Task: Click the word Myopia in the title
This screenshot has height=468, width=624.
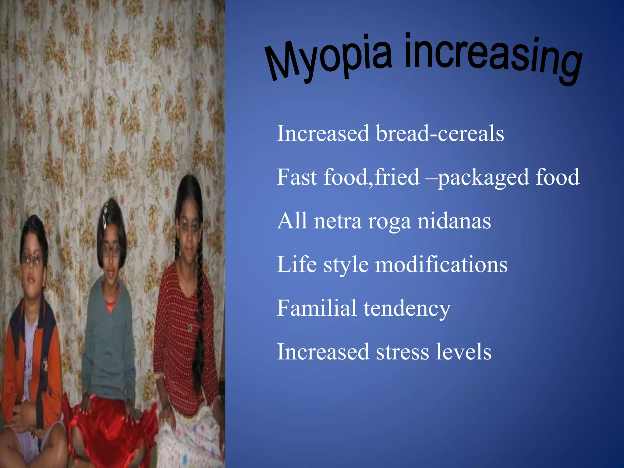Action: pos(328,59)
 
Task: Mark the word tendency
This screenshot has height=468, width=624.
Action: pos(407,309)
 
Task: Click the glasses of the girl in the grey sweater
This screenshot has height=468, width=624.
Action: pos(110,250)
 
